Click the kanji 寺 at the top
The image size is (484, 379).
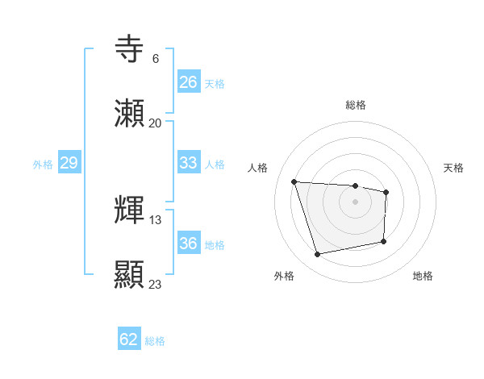coord(130,50)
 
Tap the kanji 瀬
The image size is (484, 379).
coord(130,114)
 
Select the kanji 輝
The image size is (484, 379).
coord(130,210)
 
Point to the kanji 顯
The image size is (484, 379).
coord(130,275)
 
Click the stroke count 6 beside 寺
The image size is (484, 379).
coord(155,59)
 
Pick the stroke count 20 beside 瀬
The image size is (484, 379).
coord(155,123)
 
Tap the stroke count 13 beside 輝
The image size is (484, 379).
coord(156,219)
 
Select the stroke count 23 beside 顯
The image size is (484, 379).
coord(156,284)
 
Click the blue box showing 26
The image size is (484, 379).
coord(189,82)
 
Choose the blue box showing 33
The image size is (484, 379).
coord(189,163)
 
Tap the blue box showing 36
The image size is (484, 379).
coord(189,244)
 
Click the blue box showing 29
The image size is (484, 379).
coord(69,163)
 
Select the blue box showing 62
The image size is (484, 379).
coord(129,339)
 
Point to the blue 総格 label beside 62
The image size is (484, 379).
coord(155,341)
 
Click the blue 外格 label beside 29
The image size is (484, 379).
coord(43,165)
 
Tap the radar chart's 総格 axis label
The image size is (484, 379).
coord(356,105)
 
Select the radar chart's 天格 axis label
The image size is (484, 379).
coord(454,168)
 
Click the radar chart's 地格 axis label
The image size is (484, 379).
coord(423,276)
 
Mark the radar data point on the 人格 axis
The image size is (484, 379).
coord(294,181)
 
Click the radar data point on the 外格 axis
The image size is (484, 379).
coord(318,255)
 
